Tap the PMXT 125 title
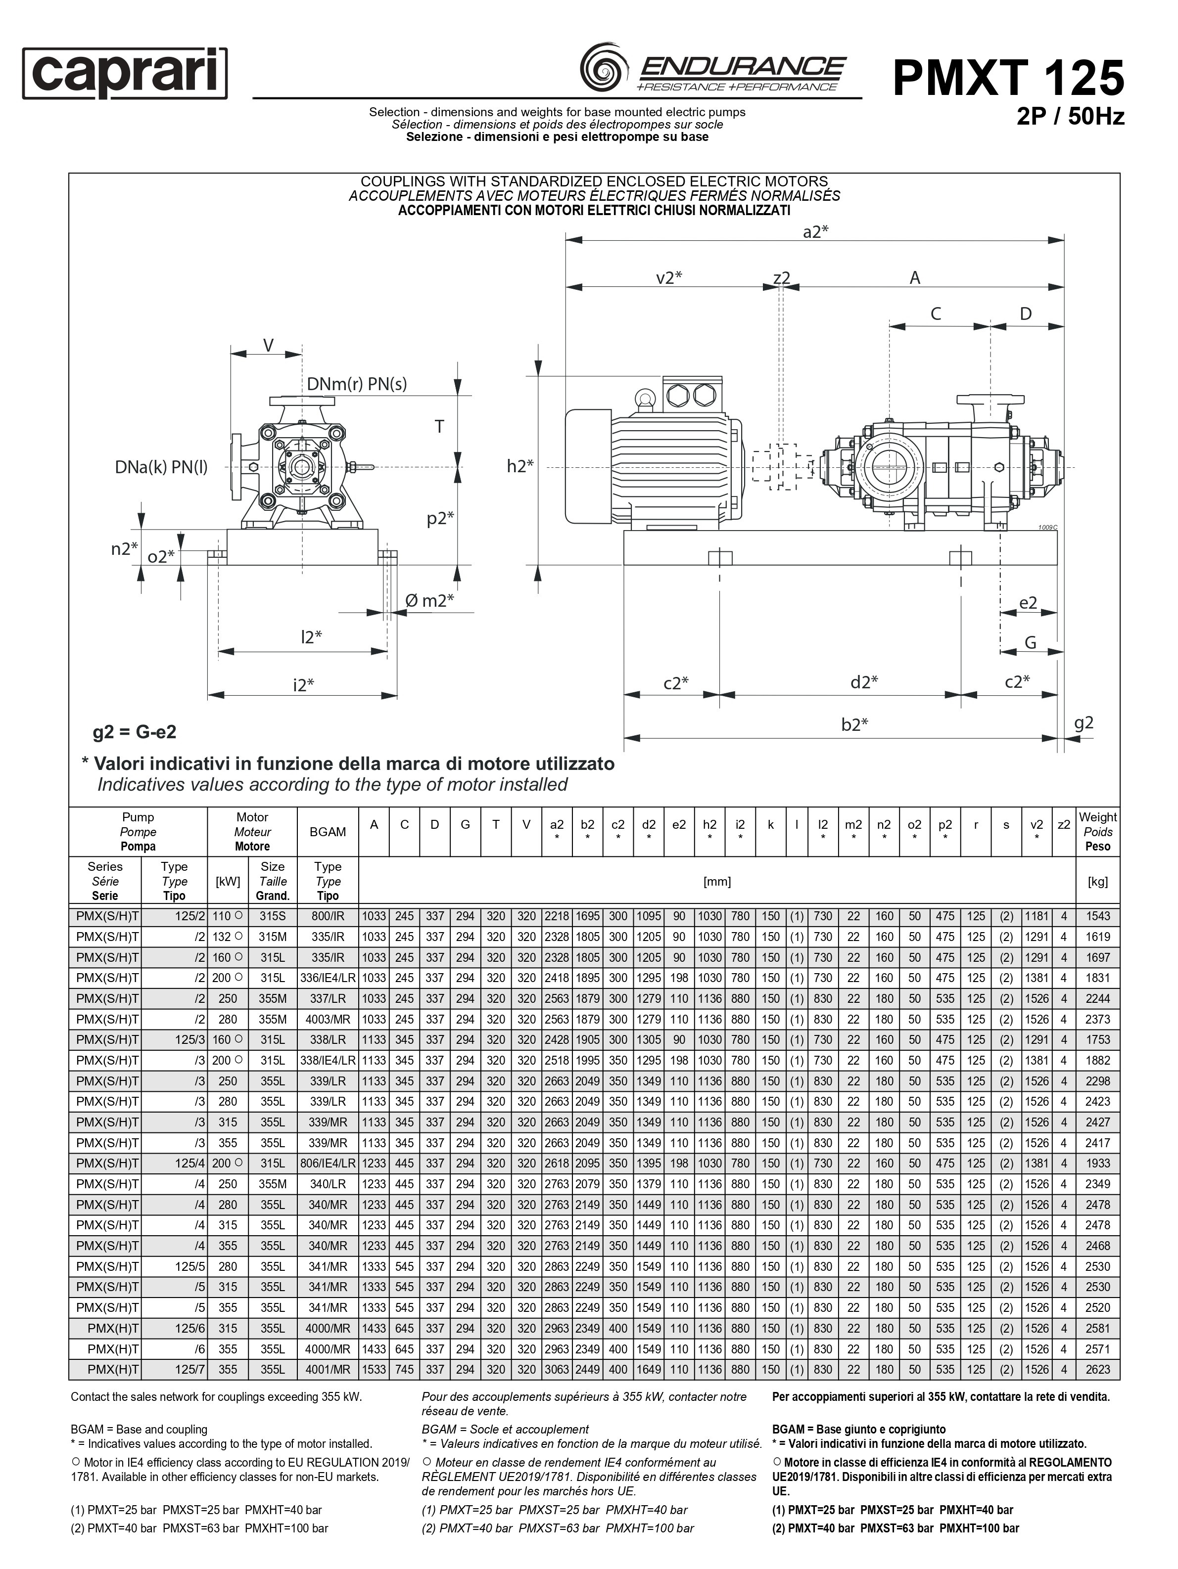(1008, 78)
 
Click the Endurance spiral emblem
(604, 70)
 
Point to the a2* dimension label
(815, 232)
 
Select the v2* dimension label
(668, 277)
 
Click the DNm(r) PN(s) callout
(356, 384)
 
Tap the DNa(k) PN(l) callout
(161, 467)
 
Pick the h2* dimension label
(519, 466)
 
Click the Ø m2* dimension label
(429, 601)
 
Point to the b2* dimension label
(854, 724)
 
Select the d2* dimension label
(864, 682)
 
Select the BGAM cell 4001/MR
(328, 1370)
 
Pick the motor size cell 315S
(273, 916)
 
